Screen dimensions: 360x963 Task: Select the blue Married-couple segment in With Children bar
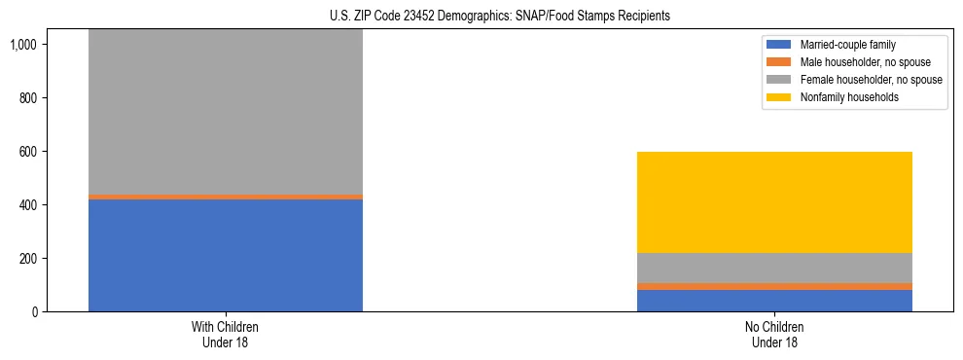click(226, 255)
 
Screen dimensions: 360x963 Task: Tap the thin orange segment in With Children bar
click(226, 197)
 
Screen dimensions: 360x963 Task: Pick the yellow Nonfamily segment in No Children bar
click(774, 202)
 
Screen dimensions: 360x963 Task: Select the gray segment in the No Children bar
click(774, 268)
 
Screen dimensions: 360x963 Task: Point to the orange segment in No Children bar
click(774, 286)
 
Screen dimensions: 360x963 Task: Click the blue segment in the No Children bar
click(774, 301)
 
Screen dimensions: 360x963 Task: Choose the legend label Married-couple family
click(847, 45)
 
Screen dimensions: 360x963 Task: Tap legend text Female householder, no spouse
click(871, 80)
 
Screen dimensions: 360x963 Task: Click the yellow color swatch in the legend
click(779, 97)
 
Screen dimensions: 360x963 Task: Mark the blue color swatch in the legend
click(779, 45)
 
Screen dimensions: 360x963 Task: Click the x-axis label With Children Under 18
click(226, 335)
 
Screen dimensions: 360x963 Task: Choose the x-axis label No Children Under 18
click(774, 335)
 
